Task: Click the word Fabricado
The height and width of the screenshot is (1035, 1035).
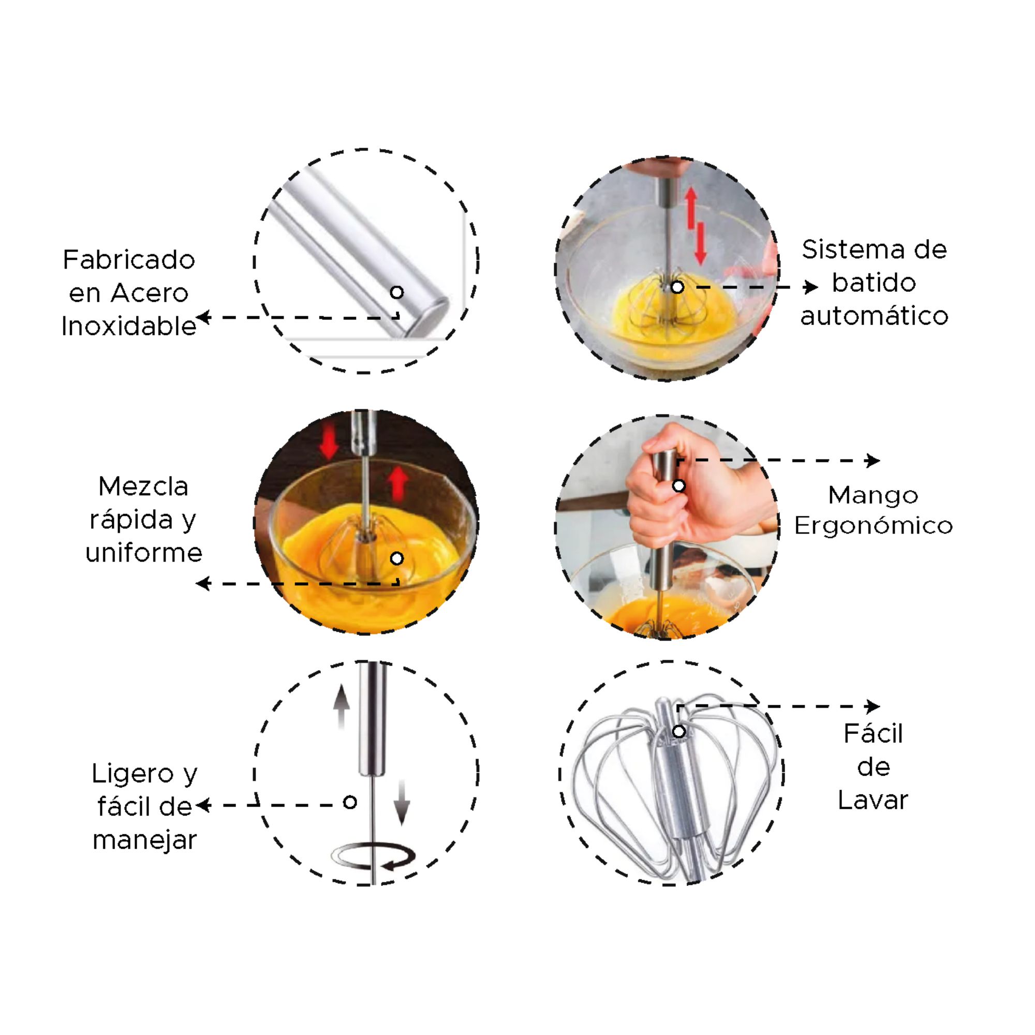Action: click(x=128, y=260)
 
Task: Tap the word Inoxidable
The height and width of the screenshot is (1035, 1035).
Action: click(x=128, y=326)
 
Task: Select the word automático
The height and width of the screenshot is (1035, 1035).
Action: click(x=874, y=316)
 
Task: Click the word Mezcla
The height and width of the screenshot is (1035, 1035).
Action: click(x=143, y=487)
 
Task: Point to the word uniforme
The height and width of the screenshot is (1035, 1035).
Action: click(x=143, y=553)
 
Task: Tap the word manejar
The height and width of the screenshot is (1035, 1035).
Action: click(x=145, y=840)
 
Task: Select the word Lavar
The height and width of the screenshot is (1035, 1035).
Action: click(x=873, y=801)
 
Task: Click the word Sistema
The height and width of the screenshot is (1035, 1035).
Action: click(x=854, y=249)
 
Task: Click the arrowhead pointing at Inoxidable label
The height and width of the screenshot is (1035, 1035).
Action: click(x=203, y=317)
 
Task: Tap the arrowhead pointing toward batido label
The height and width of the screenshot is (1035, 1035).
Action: click(x=811, y=287)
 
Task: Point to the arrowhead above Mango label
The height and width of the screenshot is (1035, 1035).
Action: click(x=873, y=460)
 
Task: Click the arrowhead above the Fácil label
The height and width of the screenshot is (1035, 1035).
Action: click(x=873, y=706)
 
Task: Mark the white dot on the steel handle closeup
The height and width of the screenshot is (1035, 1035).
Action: click(x=397, y=292)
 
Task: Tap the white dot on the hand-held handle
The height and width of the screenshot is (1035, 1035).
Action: click(x=679, y=486)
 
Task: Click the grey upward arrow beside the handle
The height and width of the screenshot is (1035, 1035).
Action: click(x=341, y=706)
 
